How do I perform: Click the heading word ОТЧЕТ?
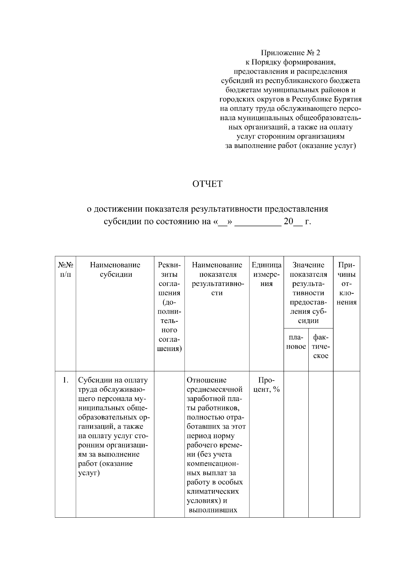tap(207, 184)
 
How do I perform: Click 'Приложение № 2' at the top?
tap(290, 53)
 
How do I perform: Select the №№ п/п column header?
tap(66, 270)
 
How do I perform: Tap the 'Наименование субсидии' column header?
tap(115, 270)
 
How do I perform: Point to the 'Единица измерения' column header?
tap(266, 274)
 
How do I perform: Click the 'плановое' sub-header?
tap(296, 342)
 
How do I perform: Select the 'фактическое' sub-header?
tap(321, 346)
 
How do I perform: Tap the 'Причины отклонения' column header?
tap(346, 284)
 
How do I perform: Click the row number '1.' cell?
tap(66, 380)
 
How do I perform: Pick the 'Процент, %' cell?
tap(266, 385)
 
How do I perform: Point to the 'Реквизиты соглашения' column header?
tap(169, 307)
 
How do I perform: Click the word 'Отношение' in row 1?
tap(206, 380)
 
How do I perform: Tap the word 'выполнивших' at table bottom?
tap(213, 510)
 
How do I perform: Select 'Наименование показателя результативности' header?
tap(217, 279)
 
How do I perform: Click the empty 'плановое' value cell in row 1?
tap(296, 443)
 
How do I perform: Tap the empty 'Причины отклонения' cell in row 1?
tap(346, 443)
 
